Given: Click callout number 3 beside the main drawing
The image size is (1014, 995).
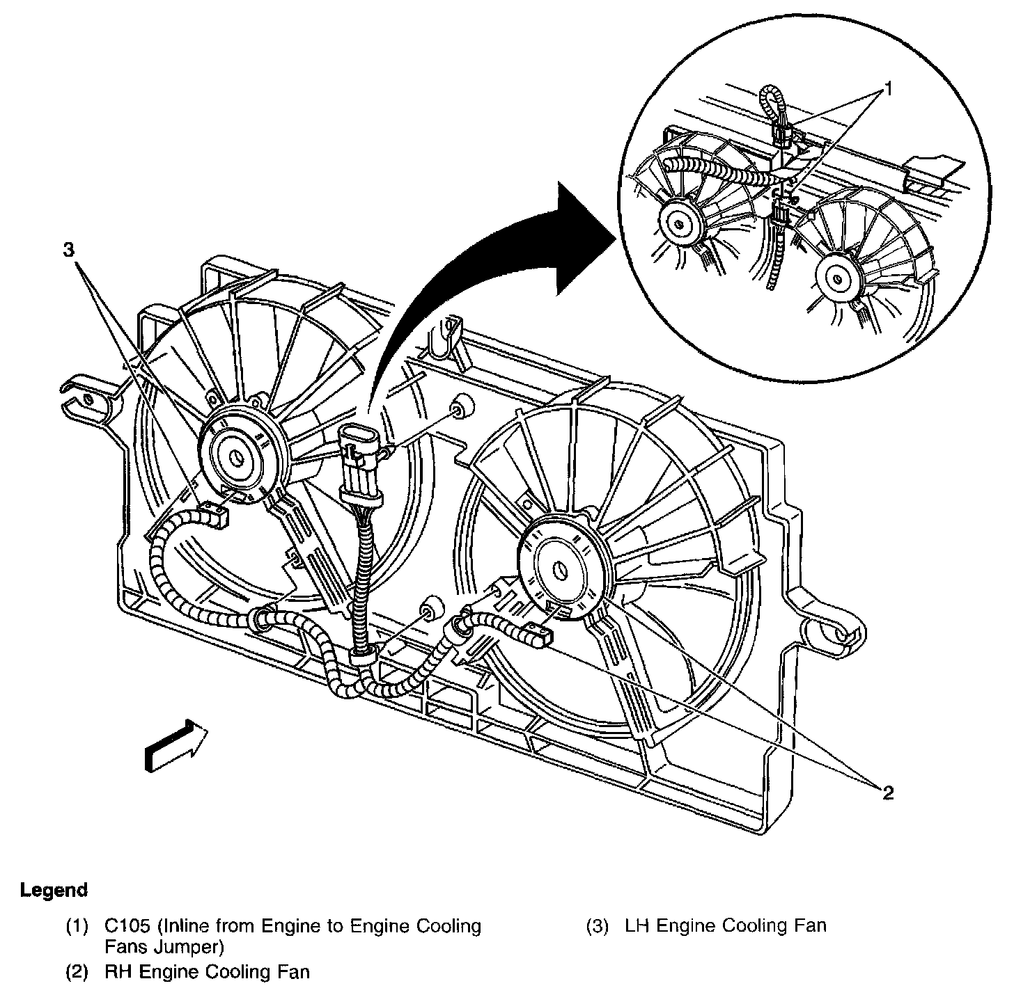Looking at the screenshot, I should point(68,250).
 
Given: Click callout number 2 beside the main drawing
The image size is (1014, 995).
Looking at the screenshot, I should point(888,792).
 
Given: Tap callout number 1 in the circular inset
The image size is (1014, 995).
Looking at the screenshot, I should point(888,88).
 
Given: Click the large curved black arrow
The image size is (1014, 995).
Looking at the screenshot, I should point(487,264).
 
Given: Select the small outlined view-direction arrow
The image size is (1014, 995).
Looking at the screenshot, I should point(176,747).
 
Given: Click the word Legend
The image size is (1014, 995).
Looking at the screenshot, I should point(54,890).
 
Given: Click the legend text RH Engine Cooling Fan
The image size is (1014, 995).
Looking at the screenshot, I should point(207,971).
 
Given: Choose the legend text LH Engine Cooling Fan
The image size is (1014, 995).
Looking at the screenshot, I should point(726,926).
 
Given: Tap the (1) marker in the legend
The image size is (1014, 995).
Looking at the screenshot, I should point(77,926).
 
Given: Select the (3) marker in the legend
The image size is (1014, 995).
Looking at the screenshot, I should point(597,926).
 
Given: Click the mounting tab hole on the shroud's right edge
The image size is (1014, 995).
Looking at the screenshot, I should point(842,635).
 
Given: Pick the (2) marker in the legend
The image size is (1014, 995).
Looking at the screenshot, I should point(77,971).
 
